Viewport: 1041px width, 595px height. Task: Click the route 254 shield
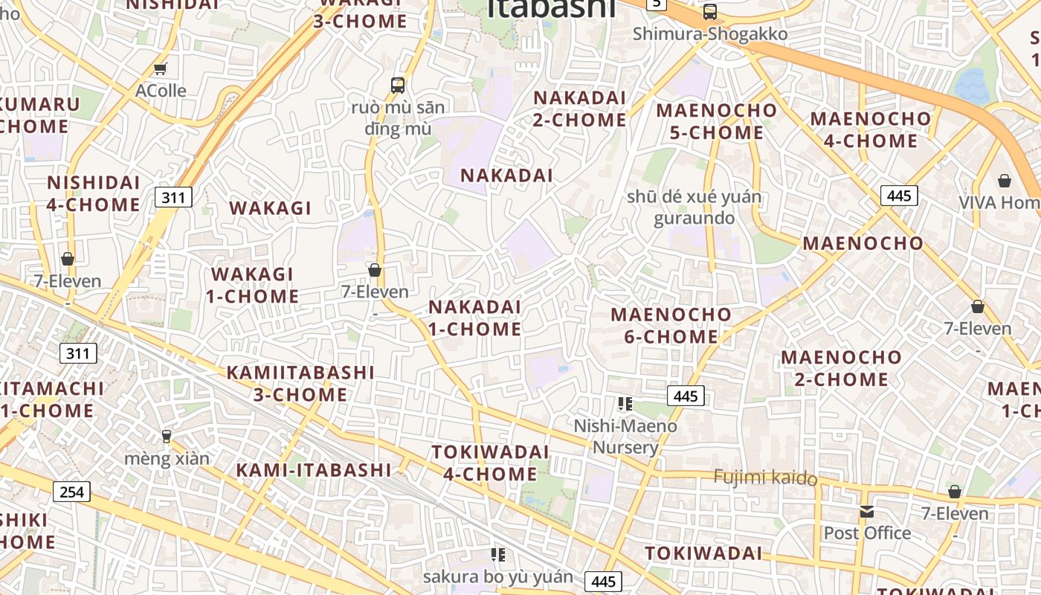coord(71,492)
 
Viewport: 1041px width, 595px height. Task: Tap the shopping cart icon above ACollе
coord(160,69)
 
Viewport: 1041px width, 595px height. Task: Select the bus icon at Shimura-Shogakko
coord(710,12)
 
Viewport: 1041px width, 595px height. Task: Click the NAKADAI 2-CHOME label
coord(580,109)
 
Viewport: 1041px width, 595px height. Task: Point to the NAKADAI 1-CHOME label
coord(474,318)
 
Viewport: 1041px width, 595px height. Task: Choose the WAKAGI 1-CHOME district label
coord(253,285)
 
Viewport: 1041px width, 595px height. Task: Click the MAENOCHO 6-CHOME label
coord(671,325)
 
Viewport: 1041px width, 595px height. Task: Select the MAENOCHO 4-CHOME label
coord(870,129)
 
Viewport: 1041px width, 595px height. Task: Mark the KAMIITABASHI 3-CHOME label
coord(300,382)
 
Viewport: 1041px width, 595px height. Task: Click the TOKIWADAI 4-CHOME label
coord(490,463)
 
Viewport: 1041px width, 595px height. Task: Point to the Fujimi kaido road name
coord(765,477)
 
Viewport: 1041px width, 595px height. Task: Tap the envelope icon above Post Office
coord(867,512)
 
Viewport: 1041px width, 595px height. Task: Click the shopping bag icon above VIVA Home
coord(1005,181)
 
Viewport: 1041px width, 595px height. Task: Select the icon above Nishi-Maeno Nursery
coord(625,404)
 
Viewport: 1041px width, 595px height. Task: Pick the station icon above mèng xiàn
coord(167,436)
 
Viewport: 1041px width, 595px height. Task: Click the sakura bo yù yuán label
coord(498,576)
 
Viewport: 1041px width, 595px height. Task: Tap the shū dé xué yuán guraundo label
coord(694,208)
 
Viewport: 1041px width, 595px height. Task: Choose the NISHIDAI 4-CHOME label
coord(94,193)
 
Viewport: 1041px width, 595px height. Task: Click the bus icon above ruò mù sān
coord(398,85)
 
